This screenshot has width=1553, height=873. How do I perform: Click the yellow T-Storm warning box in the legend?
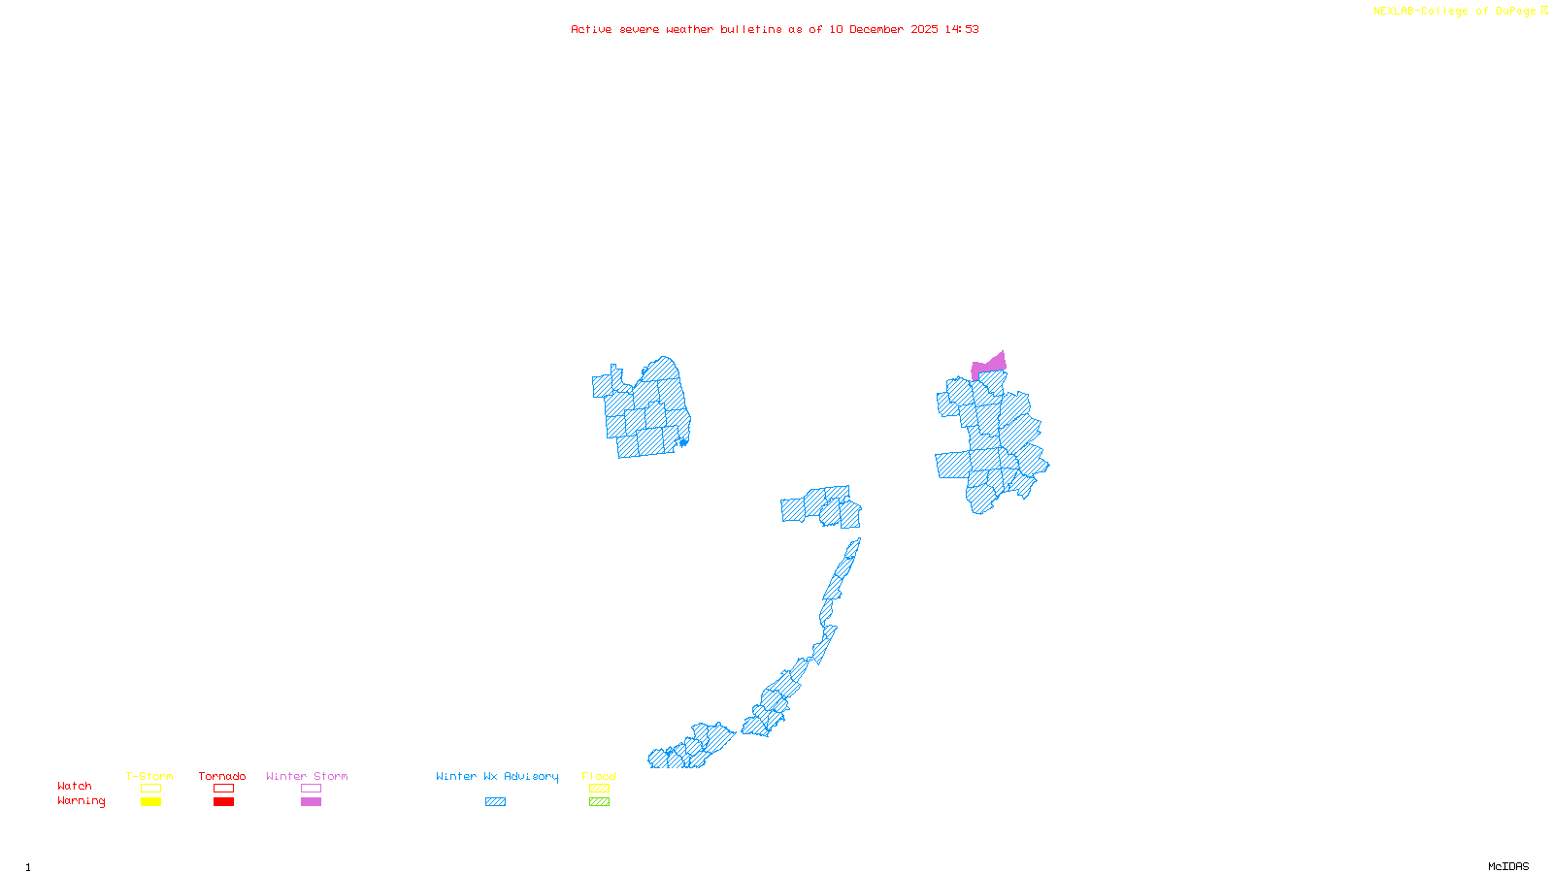point(150,802)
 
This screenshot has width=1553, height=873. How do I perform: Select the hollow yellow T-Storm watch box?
point(150,789)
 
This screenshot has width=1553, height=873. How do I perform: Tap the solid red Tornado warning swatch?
point(223,802)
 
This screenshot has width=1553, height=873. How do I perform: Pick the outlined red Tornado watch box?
point(223,789)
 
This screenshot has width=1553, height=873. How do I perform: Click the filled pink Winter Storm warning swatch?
point(311,802)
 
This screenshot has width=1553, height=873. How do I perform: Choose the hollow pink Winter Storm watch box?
point(311,789)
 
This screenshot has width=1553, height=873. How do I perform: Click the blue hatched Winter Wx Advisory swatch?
point(495,802)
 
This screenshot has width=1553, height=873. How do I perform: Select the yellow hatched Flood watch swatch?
point(599,789)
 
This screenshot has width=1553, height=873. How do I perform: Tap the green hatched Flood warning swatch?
point(599,802)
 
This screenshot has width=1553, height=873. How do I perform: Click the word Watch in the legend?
point(75,786)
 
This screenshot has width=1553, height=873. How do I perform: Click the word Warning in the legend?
point(81,801)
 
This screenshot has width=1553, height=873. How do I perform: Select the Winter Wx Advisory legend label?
point(497,776)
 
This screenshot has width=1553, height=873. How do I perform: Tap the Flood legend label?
point(599,776)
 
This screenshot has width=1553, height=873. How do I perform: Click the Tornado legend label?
point(222,776)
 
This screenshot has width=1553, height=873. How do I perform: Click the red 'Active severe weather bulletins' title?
point(775,29)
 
